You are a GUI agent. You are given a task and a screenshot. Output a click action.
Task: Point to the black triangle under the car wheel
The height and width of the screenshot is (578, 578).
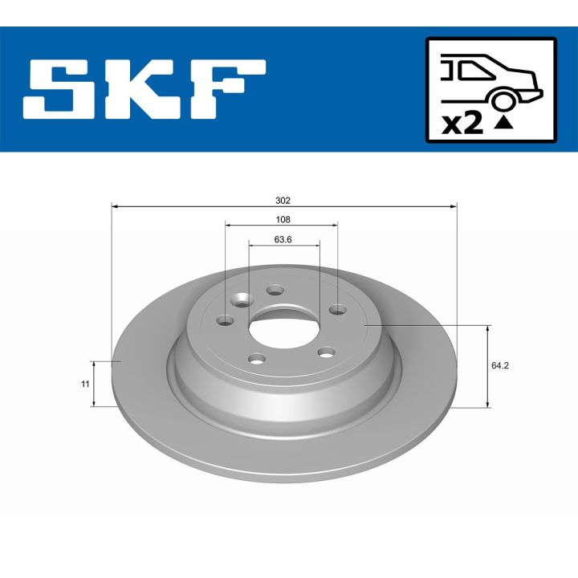pos(503,122)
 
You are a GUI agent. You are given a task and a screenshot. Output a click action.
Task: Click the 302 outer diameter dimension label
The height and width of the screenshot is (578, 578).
pos(282,200)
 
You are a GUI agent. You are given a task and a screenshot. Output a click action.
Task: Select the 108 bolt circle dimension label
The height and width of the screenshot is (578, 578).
pos(282,219)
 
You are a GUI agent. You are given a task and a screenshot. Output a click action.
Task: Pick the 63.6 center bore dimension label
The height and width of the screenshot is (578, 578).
pos(282,238)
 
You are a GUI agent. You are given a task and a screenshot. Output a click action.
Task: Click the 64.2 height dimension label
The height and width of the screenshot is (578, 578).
pos(500,365)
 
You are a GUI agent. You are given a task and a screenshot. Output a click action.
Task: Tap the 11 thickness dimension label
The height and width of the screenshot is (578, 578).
pos(84,385)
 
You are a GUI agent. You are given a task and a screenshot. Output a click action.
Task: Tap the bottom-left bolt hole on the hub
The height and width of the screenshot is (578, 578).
pos(256,359)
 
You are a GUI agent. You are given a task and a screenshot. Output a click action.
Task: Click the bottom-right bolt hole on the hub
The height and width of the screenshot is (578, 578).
pos(325,351)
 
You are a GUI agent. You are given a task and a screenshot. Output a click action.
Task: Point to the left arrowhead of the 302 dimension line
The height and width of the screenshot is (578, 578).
pos(115,207)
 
